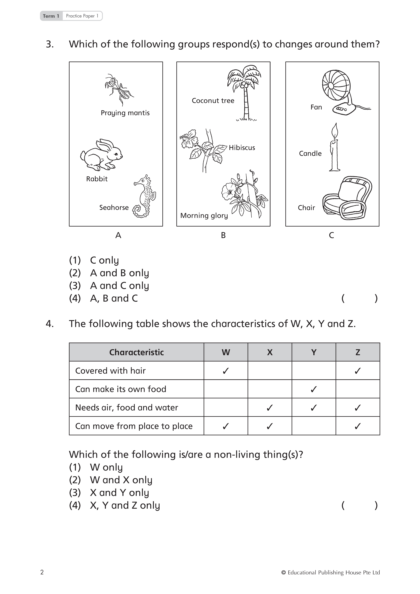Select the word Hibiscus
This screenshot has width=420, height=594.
point(242,148)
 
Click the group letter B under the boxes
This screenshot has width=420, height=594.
point(223,235)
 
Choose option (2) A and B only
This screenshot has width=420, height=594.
point(119,273)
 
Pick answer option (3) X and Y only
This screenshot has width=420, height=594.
point(119,493)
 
